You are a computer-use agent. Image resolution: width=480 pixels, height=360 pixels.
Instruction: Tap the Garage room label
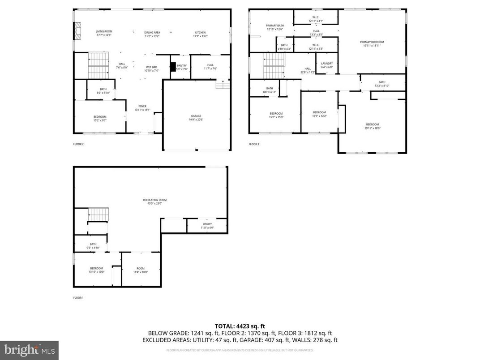click(x=196, y=118)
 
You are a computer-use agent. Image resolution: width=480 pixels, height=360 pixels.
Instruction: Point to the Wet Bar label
click(x=151, y=69)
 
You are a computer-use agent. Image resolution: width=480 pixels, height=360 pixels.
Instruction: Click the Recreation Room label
click(x=151, y=201)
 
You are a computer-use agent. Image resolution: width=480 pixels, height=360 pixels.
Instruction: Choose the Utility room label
click(x=207, y=226)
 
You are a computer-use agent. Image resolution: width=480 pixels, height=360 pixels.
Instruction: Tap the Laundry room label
click(x=327, y=65)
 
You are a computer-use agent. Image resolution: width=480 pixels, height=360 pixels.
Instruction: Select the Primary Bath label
click(x=274, y=27)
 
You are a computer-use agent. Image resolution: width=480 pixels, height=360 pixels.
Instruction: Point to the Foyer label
click(x=142, y=108)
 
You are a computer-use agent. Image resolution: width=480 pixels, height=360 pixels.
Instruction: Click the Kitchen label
click(x=200, y=34)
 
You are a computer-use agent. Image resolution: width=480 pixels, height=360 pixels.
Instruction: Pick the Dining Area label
click(x=152, y=34)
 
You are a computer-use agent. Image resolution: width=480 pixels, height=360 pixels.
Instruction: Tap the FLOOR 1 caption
click(x=78, y=298)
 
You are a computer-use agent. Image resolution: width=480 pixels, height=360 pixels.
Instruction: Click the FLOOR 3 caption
click(x=254, y=144)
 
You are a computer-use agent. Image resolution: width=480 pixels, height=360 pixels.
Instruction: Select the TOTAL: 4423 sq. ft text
click(x=240, y=326)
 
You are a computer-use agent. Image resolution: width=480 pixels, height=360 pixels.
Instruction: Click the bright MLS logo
click(x=29, y=349)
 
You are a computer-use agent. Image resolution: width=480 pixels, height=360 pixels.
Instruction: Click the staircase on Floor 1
click(x=98, y=214)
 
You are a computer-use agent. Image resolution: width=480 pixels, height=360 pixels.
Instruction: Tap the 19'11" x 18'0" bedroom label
click(x=372, y=126)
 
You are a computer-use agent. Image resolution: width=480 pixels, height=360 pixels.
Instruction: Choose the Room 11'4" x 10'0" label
click(x=141, y=270)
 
